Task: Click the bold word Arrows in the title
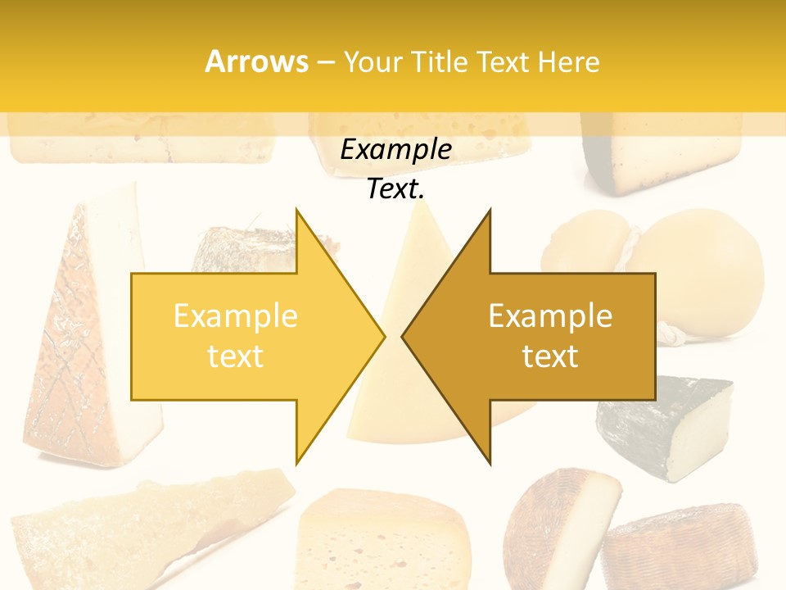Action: pyautogui.click(x=256, y=61)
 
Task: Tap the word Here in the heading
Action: pyautogui.click(x=568, y=62)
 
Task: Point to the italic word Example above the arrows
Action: pyautogui.click(x=395, y=150)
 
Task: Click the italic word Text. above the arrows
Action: pyautogui.click(x=395, y=189)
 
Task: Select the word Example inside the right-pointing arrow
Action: pyautogui.click(x=235, y=316)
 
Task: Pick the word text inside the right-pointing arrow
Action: pyautogui.click(x=235, y=356)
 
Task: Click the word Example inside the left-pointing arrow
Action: pyautogui.click(x=550, y=316)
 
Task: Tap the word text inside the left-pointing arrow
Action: pyautogui.click(x=550, y=356)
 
